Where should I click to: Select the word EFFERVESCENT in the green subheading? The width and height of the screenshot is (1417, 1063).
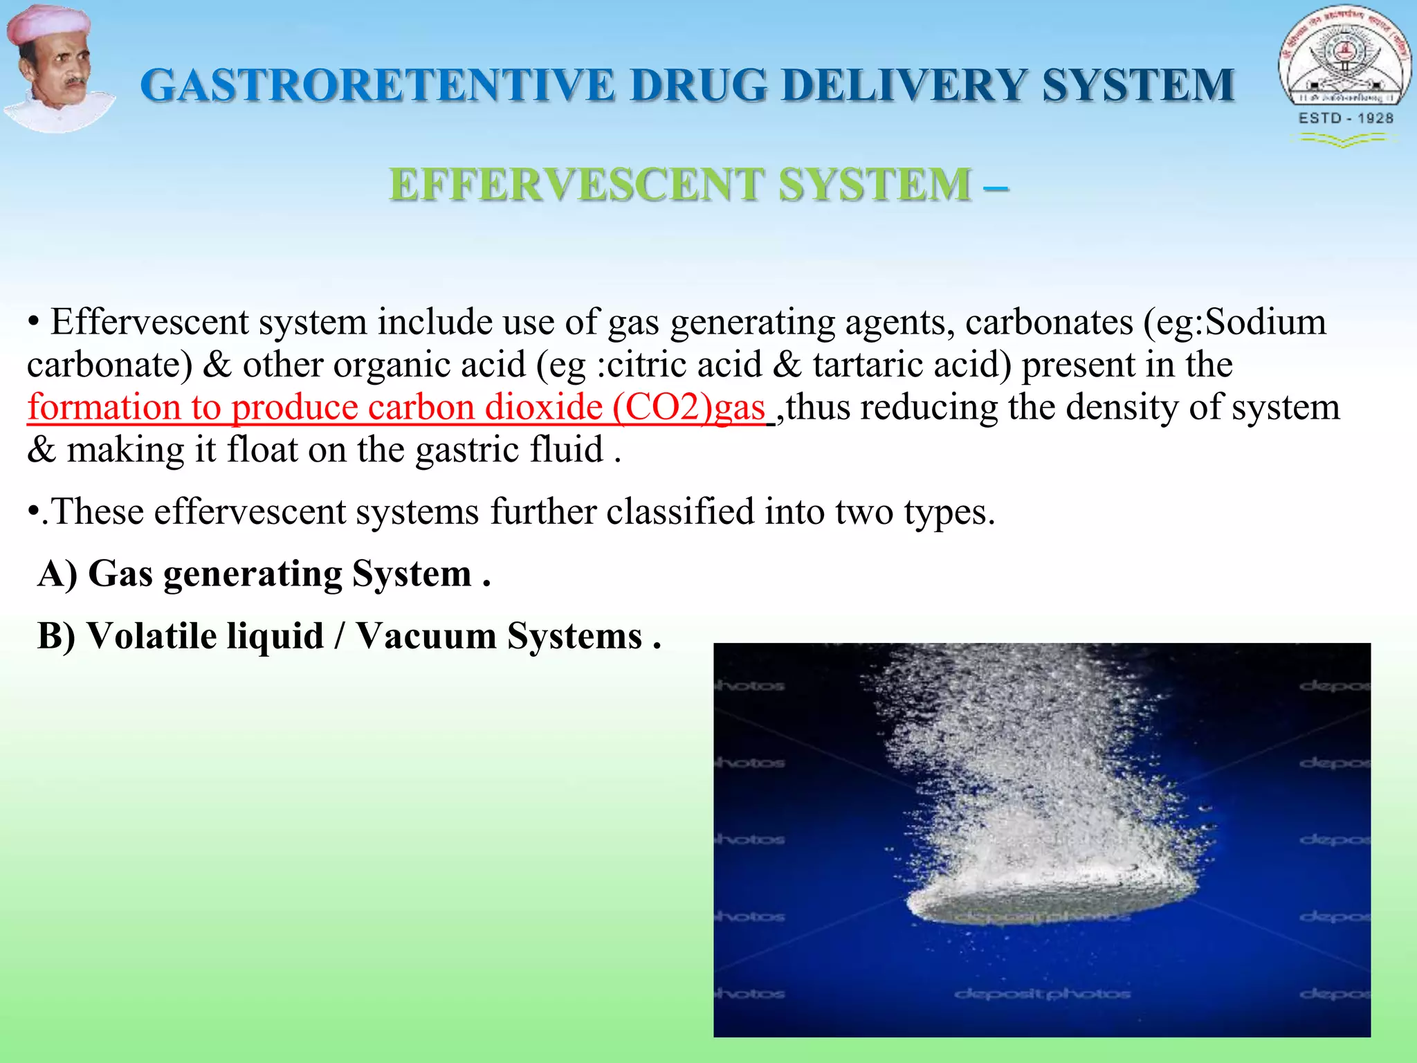tap(578, 185)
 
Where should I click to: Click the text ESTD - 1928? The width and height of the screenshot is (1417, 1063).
tap(1346, 118)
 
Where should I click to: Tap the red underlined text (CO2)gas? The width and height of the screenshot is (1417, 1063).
tap(688, 407)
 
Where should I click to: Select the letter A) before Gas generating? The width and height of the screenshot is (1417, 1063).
tap(57, 574)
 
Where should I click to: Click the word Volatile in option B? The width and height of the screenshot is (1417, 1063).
tap(205, 636)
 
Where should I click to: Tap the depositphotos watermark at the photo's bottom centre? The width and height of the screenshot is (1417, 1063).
tap(1042, 994)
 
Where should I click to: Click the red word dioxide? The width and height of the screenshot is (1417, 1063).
tap(543, 407)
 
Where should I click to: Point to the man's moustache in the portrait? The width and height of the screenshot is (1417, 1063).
tap(75, 82)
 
